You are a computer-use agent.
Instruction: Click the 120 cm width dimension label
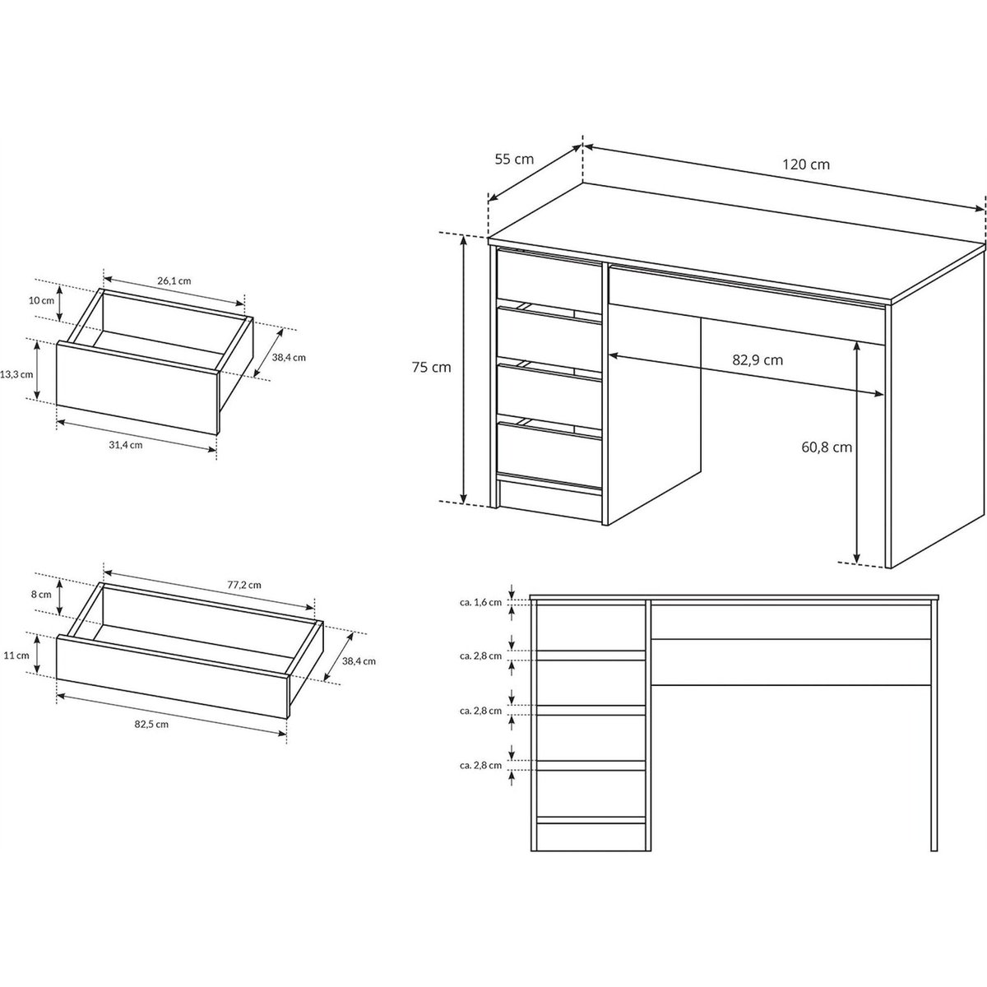(806, 164)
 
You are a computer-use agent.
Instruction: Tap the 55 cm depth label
(514, 160)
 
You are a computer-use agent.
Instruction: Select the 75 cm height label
(431, 367)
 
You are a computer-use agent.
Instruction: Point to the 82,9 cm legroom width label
(758, 360)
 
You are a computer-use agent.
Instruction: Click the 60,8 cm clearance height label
(827, 447)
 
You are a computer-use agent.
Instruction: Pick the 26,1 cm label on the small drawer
(174, 280)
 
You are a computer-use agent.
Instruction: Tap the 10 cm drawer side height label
(41, 301)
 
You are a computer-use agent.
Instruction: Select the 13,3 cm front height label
(16, 374)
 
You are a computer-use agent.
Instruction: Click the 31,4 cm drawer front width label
(126, 445)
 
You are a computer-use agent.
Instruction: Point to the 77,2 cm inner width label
(244, 585)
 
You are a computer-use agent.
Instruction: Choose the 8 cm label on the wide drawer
(41, 595)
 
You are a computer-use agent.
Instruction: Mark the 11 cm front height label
(16, 655)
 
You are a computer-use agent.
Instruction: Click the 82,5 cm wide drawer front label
(151, 725)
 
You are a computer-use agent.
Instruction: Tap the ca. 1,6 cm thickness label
(480, 602)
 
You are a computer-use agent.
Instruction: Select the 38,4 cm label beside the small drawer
(289, 358)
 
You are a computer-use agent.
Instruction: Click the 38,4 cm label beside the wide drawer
(359, 661)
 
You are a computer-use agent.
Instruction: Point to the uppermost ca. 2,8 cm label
(480, 656)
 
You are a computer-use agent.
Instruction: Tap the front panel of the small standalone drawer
(137, 387)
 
